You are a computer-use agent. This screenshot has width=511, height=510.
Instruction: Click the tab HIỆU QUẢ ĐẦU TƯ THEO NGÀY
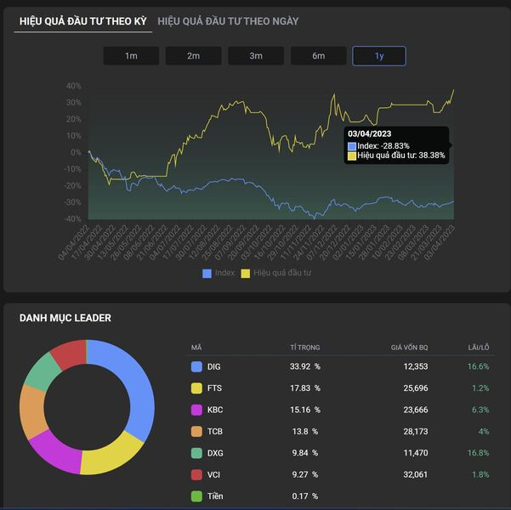click(228, 20)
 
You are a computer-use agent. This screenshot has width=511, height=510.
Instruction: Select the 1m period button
click(130, 56)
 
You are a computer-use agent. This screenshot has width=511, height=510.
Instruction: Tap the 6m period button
click(318, 56)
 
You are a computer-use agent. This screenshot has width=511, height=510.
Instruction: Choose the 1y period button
click(379, 56)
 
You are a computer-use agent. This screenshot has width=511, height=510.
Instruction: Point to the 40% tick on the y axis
click(74, 86)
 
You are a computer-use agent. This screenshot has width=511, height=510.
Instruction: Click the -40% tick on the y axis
click(72, 219)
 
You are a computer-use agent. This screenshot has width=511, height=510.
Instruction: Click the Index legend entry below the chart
click(219, 273)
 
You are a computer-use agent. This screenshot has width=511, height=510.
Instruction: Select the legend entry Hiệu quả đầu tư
click(276, 273)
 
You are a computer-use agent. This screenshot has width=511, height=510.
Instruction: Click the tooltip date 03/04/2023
click(369, 134)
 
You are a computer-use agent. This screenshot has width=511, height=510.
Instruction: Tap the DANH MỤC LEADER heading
click(65, 318)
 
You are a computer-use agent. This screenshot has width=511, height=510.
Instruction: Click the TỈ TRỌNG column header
click(305, 347)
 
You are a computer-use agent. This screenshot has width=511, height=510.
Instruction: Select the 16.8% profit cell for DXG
click(478, 453)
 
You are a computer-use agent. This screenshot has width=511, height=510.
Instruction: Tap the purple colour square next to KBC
click(196, 410)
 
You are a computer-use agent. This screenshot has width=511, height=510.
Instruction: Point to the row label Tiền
click(216, 496)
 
